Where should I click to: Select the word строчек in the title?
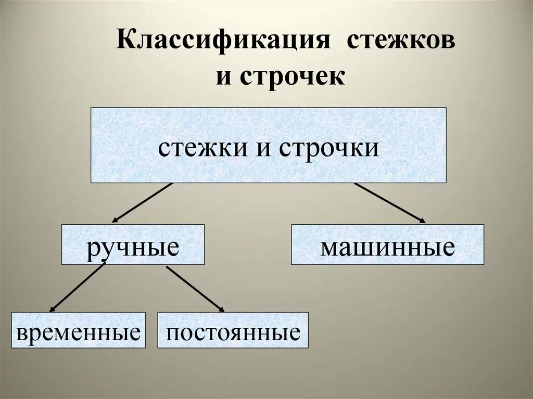coord(291,76)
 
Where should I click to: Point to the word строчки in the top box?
coord(329,148)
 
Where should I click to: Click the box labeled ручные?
coord(133,244)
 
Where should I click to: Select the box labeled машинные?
coord(387,244)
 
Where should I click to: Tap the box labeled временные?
coord(78,330)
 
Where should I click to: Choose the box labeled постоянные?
coord(233,330)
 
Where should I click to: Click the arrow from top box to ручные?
coord(143,202)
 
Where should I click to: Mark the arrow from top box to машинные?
coord(389,202)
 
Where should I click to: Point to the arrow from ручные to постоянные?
coord(195,289)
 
